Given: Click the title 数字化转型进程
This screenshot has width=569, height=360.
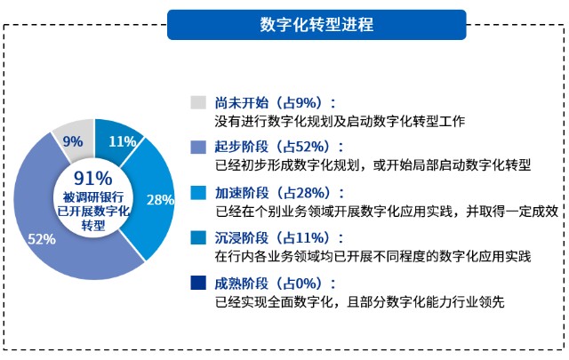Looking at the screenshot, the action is point(317,25).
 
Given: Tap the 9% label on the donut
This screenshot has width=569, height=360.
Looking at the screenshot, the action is point(73,141).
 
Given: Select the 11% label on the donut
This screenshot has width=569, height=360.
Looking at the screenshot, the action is point(123,141).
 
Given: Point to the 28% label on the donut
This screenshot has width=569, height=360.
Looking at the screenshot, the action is point(160,200).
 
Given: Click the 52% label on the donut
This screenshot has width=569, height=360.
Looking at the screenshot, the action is point(42,239).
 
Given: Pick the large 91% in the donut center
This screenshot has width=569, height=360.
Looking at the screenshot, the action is point(93,179).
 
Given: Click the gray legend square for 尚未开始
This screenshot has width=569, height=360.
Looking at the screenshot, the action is point(198,102).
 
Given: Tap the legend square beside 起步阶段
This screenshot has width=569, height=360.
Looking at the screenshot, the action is point(198,148).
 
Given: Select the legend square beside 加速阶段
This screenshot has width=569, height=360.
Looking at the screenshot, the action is point(198,193).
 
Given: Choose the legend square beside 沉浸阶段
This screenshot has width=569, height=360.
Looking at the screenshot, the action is point(198,237).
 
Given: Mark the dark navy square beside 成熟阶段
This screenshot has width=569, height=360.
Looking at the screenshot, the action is point(198,283).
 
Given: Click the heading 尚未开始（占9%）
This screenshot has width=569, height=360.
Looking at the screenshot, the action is point(275,103).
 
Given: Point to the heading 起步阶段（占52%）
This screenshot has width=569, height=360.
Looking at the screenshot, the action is point(279,148).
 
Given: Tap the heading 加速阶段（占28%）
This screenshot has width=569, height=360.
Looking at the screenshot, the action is point(279,193).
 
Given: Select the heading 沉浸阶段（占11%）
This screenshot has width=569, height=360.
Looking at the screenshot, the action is point(279,238).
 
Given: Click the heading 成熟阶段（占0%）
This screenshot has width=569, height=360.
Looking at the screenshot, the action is point(275,284).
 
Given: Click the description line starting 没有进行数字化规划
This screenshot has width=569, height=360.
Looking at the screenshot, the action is point(340,121).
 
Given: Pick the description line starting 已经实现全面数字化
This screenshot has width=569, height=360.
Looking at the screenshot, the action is point(359,302).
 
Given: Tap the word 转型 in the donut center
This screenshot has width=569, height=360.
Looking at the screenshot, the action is point(93,226).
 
